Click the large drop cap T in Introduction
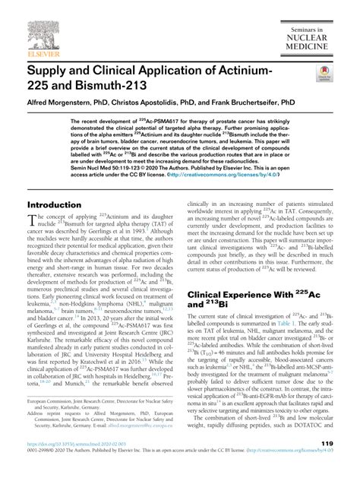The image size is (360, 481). pyautogui.click(x=32, y=221)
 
